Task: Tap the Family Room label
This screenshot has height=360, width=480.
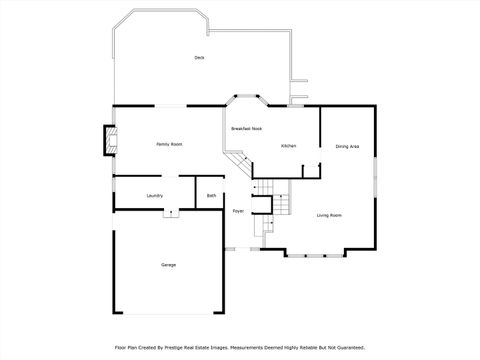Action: click(x=169, y=145)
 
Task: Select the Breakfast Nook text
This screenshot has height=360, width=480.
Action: click(x=246, y=129)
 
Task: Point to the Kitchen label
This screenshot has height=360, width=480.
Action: click(x=288, y=146)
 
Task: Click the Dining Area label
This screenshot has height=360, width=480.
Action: click(x=346, y=147)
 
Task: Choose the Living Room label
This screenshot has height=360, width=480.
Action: click(x=330, y=215)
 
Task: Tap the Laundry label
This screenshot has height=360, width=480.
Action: click(x=154, y=195)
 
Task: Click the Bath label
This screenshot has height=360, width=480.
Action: click(x=212, y=195)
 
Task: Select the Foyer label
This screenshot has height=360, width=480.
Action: click(x=238, y=211)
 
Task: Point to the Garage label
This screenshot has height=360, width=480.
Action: click(x=169, y=265)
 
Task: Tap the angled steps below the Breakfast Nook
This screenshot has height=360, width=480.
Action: click(x=237, y=163)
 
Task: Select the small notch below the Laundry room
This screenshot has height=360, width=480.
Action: click(x=170, y=212)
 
